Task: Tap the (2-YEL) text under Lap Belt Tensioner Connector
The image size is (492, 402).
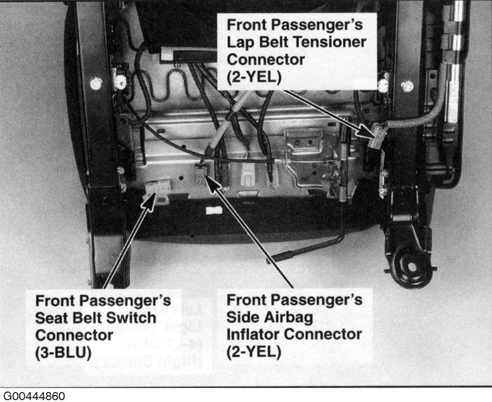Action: pyautogui.click(x=254, y=76)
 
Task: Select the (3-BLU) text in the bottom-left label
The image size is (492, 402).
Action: pyautogui.click(x=63, y=353)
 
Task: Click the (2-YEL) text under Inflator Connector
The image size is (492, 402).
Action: pyautogui.click(x=253, y=352)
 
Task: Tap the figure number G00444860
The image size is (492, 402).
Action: pyautogui.click(x=34, y=396)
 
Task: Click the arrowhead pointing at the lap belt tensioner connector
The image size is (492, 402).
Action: pyautogui.click(x=367, y=131)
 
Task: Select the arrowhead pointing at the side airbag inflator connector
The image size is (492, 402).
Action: pyautogui.click(x=212, y=185)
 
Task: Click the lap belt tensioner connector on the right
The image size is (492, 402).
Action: pyautogui.click(x=378, y=136)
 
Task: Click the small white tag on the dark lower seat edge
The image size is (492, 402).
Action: pyautogui.click(x=214, y=211)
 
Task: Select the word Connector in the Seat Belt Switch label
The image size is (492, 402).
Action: pyautogui.click(x=74, y=335)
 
